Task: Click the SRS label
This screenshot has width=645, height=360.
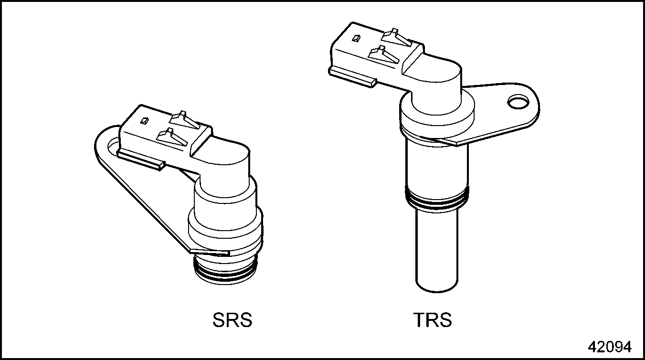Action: click(232, 320)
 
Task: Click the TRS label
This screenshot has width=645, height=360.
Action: click(433, 320)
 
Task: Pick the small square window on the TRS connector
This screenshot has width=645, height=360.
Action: click(356, 39)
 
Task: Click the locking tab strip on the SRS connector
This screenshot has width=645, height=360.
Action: click(141, 159)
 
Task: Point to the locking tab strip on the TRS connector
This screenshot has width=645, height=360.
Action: click(352, 76)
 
